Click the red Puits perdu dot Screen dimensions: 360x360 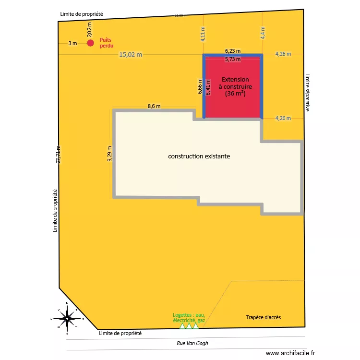pos(90,43)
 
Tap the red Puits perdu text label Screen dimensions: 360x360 pos(107,43)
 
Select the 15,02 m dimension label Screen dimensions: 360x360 pos(131,55)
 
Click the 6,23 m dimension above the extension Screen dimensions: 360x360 pos(233,50)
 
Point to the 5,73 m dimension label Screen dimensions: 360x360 pos(233,60)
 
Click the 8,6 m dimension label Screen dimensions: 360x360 pos(154,106)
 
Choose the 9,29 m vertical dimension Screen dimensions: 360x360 pos(110,154)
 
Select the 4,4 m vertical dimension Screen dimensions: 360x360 pos(263,32)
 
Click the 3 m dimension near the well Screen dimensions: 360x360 pos(72,43)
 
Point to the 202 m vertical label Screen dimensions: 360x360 pos(90,30)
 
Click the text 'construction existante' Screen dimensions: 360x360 pos(199,156)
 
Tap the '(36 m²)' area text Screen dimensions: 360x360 pos(235,94)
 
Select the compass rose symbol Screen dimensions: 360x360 pos(67,318)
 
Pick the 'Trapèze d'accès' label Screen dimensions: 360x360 pos(264,318)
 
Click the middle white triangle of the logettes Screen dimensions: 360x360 pos(189,326)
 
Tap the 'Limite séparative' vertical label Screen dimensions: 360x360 pos(307,93)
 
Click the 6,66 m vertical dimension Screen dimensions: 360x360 pos(200,87)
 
